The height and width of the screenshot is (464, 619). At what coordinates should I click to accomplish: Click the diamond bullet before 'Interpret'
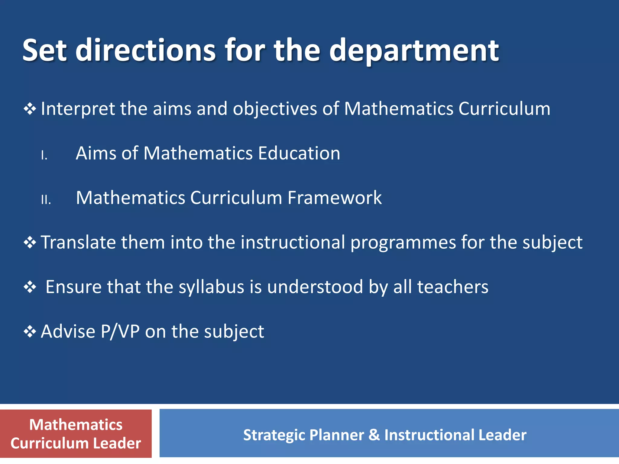coord(30,109)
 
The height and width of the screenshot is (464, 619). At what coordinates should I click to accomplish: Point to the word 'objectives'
coord(275,109)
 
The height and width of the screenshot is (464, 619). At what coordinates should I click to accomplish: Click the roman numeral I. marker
coord(44,155)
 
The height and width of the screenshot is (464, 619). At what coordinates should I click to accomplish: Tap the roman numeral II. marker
coord(46,200)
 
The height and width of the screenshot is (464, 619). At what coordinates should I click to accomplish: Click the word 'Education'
coord(299,153)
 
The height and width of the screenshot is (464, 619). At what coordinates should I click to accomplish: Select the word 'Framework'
coord(334,198)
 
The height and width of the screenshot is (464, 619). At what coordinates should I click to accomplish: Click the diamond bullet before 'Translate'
coord(30,243)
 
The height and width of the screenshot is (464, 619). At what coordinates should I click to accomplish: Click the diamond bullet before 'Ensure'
coord(30,287)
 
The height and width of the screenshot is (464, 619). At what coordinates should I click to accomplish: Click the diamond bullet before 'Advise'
coord(30,332)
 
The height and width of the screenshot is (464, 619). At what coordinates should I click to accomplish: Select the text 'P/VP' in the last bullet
coord(120,332)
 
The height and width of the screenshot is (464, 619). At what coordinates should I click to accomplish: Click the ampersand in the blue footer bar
coord(374,435)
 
